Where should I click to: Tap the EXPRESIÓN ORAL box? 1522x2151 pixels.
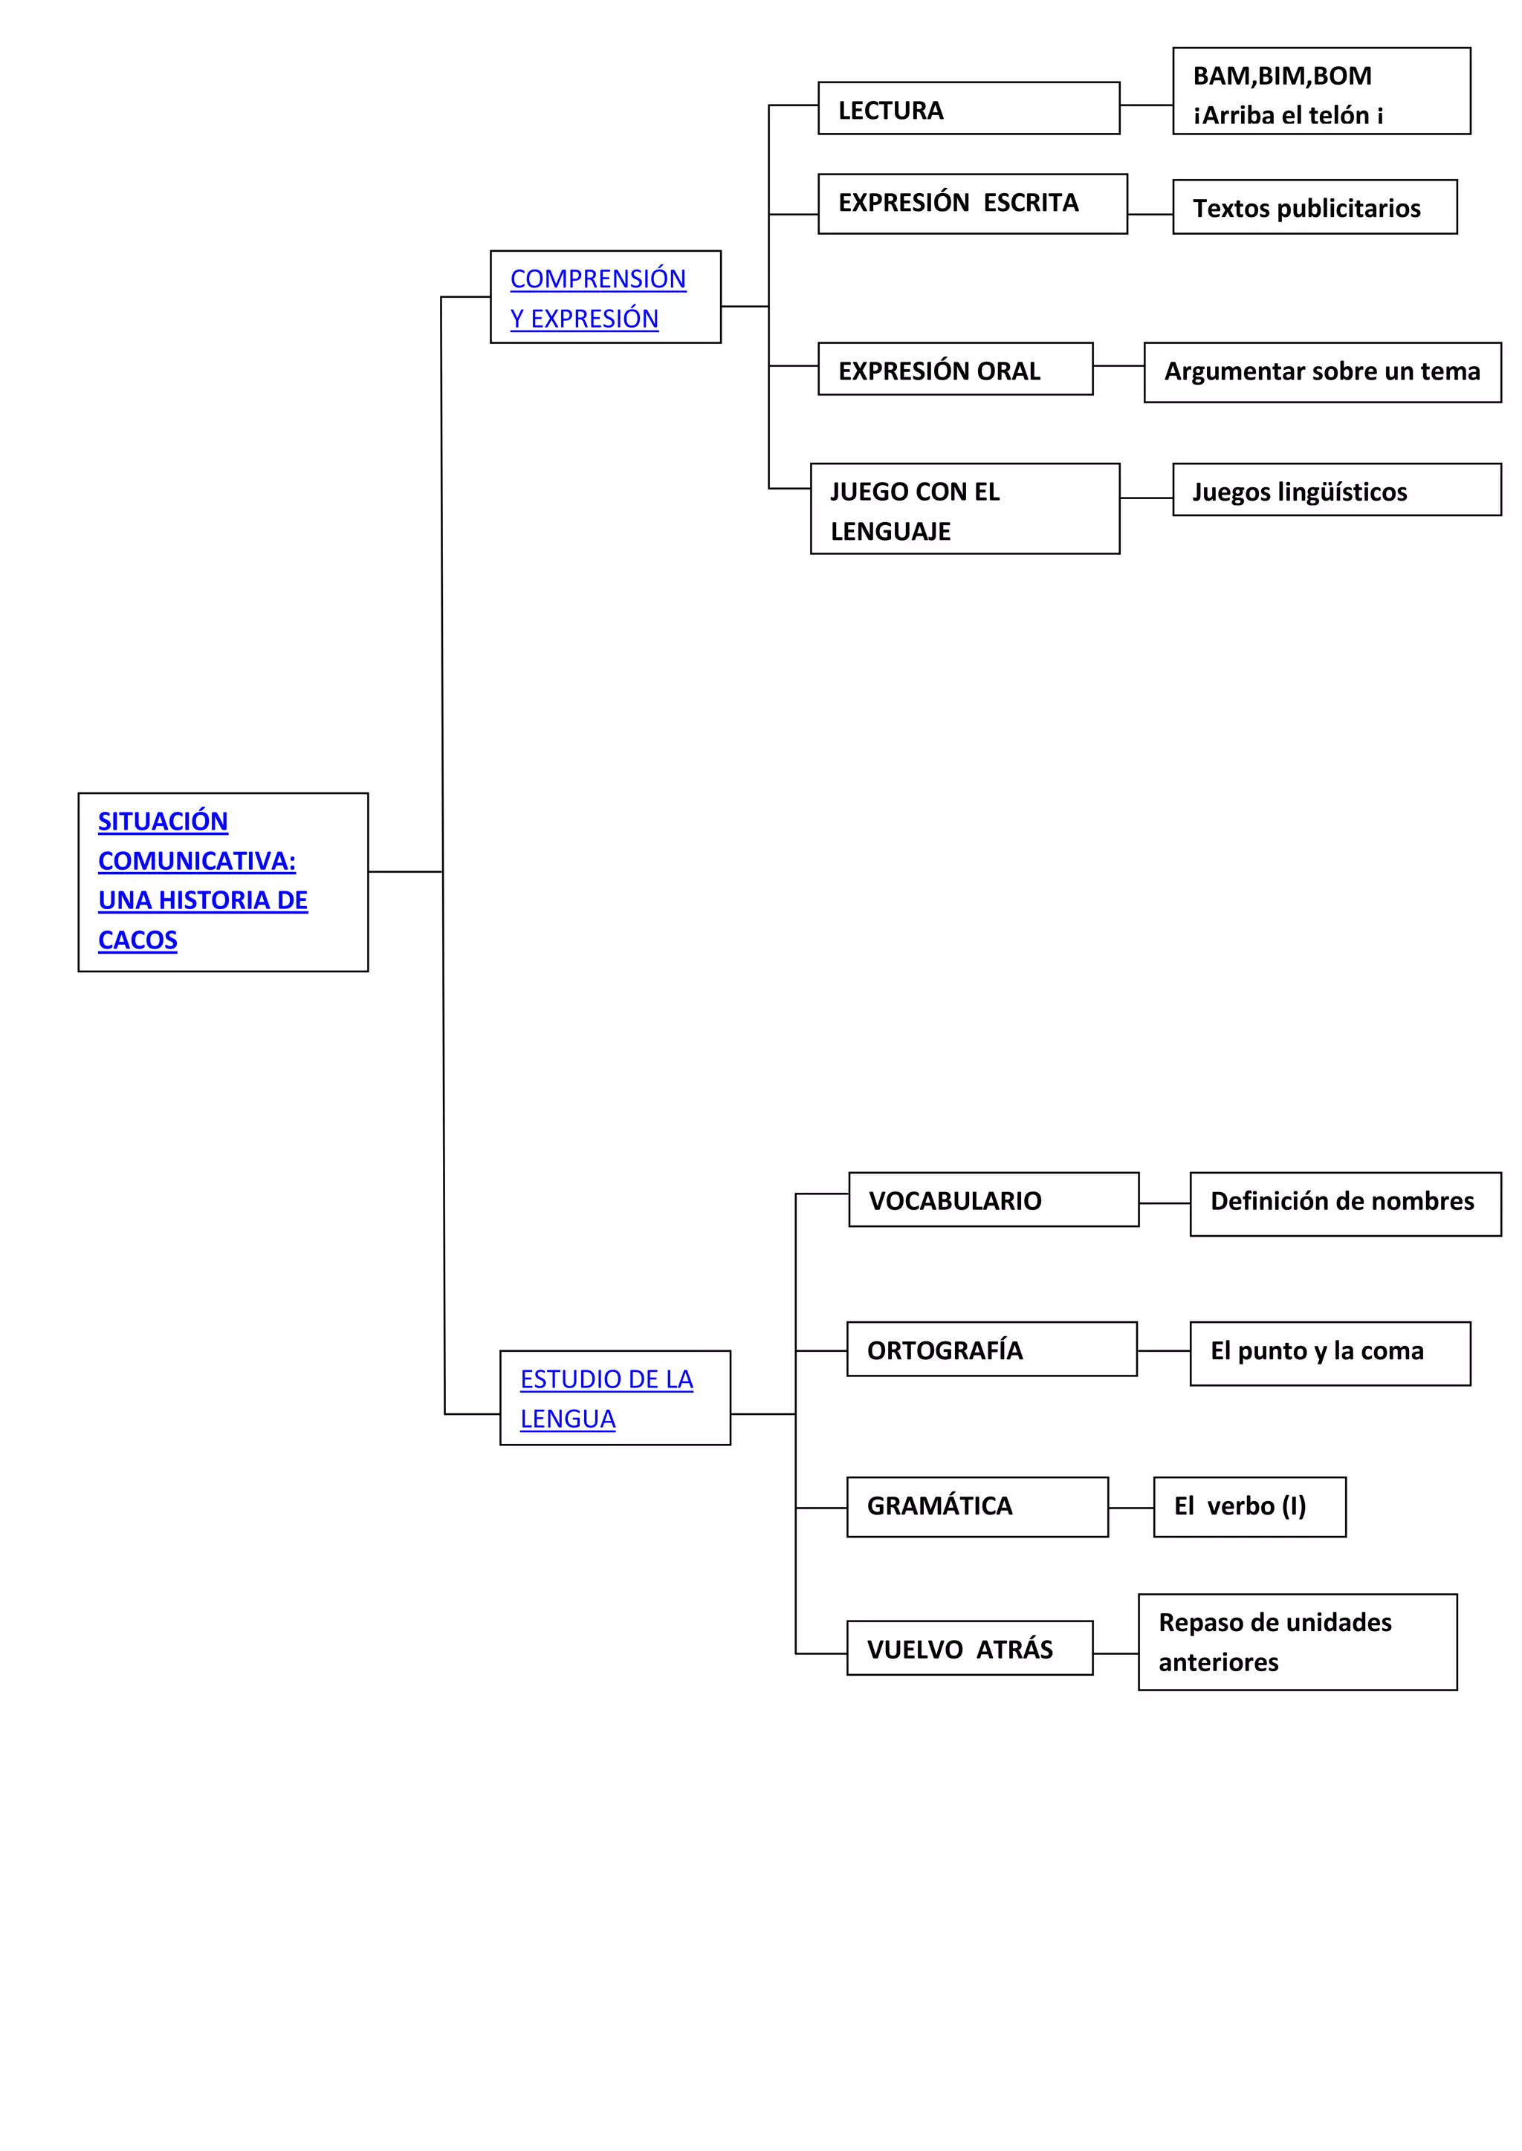(x=954, y=369)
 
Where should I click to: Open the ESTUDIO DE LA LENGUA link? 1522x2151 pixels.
(x=606, y=1398)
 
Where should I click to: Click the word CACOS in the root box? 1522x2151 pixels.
(x=137, y=940)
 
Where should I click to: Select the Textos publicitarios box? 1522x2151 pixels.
(x=1313, y=207)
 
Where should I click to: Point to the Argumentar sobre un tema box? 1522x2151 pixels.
(x=1321, y=372)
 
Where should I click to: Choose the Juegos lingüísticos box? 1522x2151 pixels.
(x=1335, y=490)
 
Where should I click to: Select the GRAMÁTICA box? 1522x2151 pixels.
(x=976, y=1506)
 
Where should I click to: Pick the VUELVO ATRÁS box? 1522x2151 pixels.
(x=968, y=1648)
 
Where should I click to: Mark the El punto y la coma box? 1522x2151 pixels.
(x=1329, y=1353)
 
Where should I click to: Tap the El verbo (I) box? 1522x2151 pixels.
(x=1249, y=1506)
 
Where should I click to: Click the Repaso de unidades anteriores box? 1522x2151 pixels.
(x=1296, y=1641)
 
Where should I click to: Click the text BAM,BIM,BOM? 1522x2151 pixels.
(x=1281, y=76)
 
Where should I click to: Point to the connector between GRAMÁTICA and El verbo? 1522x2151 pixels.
(x=1130, y=1507)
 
